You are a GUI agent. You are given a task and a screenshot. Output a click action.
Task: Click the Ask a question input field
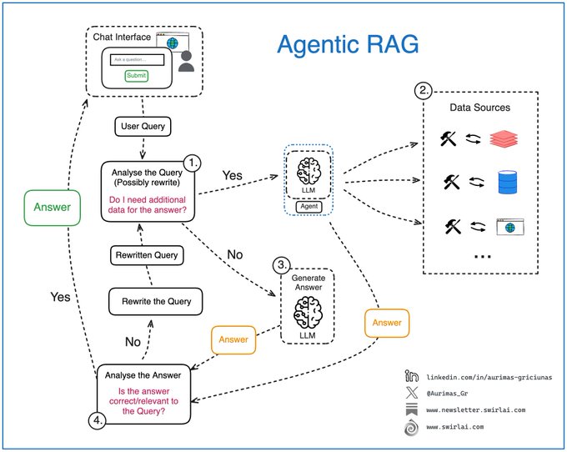(x=138, y=60)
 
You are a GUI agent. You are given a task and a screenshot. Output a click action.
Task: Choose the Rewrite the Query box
(x=155, y=300)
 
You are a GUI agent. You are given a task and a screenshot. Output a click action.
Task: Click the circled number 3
(x=283, y=266)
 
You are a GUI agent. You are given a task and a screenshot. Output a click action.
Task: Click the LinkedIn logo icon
(x=411, y=378)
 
